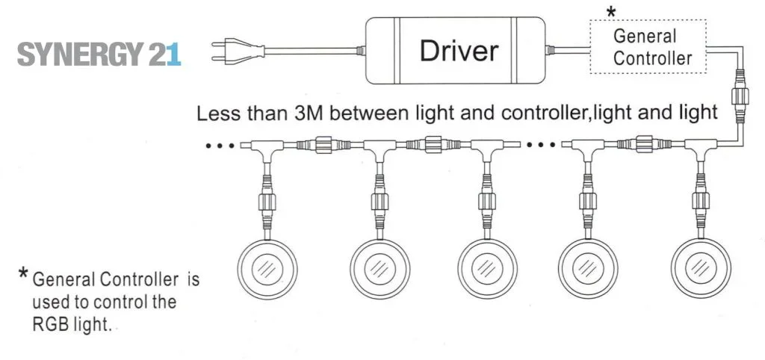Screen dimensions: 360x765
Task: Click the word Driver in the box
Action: [x=458, y=51]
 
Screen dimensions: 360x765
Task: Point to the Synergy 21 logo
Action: [x=99, y=55]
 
